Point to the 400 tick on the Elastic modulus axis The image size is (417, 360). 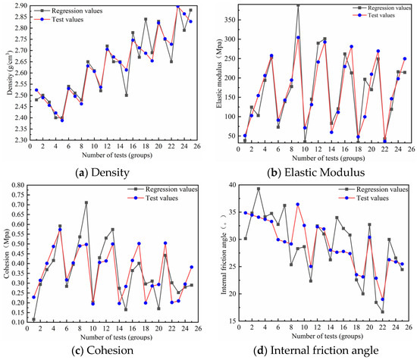[229, 5]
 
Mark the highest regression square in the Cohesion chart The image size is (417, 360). [86, 203]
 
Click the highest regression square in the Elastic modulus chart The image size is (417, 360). [298, 5]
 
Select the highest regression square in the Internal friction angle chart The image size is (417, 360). [259, 189]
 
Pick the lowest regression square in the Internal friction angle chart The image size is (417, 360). [382, 311]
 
